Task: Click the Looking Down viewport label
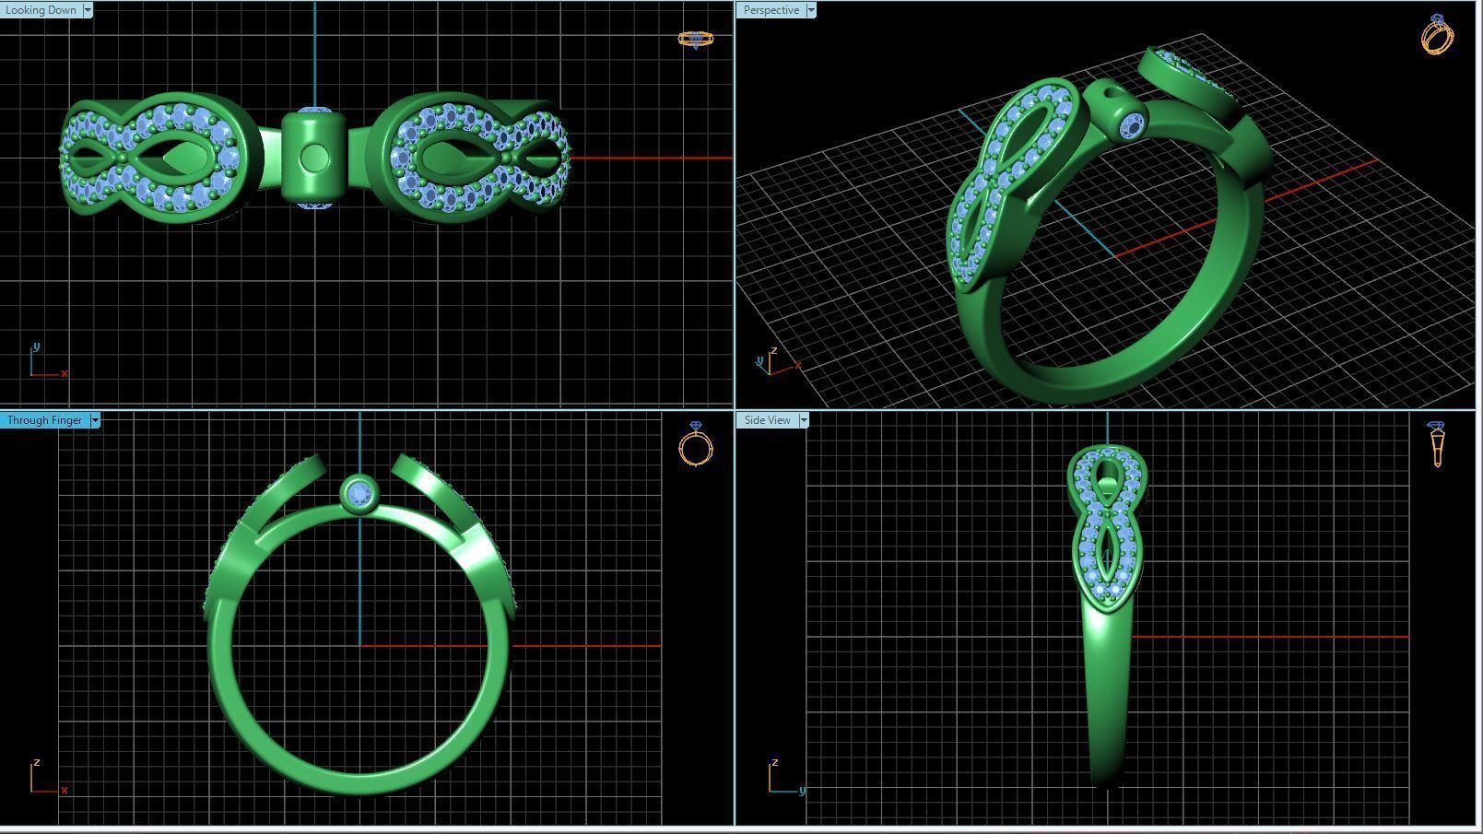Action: pos(41,10)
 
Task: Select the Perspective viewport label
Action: pos(771,10)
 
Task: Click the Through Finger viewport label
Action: pos(44,420)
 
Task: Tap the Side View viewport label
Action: pos(767,420)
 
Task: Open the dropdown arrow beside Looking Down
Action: pos(88,10)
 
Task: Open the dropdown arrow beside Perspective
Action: pos(811,10)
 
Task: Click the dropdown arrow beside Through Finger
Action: pos(95,420)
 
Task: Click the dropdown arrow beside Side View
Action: pos(804,420)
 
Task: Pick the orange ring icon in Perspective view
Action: pos(1437,35)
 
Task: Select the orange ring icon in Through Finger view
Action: pos(696,444)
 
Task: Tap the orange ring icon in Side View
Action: pos(1437,444)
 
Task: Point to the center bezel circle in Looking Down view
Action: pos(314,158)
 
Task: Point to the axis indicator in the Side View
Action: pos(783,779)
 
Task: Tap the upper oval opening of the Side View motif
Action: pos(1106,476)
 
